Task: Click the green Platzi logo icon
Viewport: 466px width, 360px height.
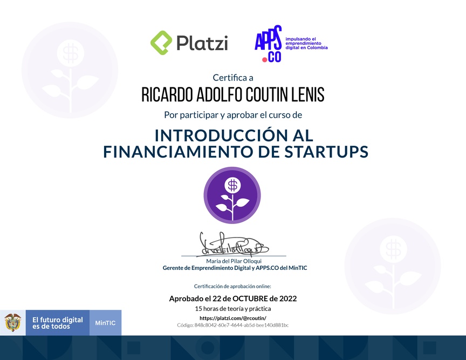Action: click(x=161, y=43)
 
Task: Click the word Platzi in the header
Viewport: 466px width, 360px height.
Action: click(x=202, y=43)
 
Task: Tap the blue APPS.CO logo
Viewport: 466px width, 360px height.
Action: click(x=268, y=43)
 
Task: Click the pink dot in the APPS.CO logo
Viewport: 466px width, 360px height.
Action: click(x=264, y=59)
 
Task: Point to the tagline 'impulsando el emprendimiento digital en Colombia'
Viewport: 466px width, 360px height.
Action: click(x=306, y=43)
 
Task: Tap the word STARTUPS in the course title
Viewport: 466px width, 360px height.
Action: click(x=326, y=152)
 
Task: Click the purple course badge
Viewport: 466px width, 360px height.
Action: click(x=232, y=195)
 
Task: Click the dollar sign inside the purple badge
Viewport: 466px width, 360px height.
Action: click(x=232, y=185)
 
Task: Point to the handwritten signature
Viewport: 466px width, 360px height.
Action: click(x=234, y=244)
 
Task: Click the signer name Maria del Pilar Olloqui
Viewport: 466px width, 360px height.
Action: click(x=234, y=261)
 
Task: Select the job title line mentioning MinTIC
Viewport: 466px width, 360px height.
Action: click(x=235, y=268)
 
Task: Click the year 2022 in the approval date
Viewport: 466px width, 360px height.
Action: click(x=287, y=298)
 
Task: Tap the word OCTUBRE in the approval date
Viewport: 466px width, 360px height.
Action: click(x=250, y=298)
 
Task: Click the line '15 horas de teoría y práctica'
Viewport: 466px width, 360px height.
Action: click(x=233, y=309)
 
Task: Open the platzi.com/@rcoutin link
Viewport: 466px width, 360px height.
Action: click(x=233, y=318)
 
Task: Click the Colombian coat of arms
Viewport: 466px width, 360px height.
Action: click(x=13, y=323)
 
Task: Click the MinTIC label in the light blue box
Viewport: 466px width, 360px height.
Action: click(x=105, y=323)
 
